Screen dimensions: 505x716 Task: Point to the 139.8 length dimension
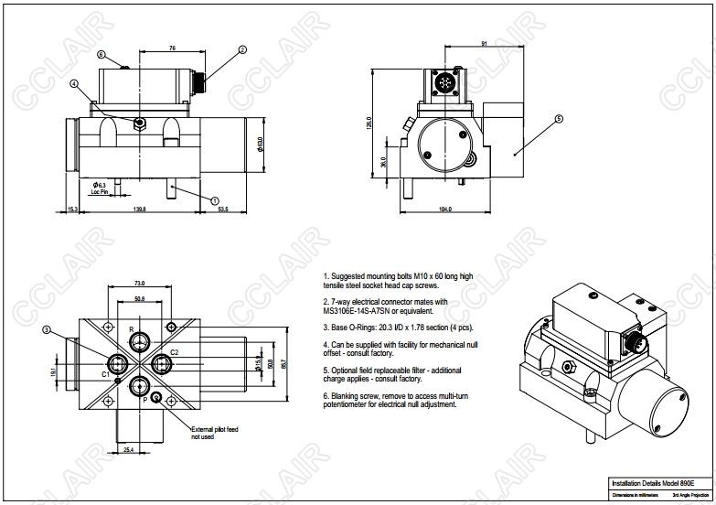pos(140,210)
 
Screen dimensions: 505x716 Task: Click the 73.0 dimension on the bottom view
pos(140,283)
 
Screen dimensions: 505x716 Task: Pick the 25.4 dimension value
pos(129,448)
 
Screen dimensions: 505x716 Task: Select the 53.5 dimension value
pos(222,210)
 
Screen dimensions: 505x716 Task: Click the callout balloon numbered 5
pos(559,119)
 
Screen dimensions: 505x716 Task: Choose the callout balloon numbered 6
pos(102,54)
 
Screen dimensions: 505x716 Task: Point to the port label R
pos(131,328)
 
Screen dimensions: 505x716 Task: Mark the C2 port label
pos(174,351)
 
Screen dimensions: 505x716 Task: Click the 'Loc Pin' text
pos(100,193)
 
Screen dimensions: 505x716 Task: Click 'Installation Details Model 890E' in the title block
pos(653,482)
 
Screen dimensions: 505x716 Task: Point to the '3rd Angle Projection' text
pos(689,495)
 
